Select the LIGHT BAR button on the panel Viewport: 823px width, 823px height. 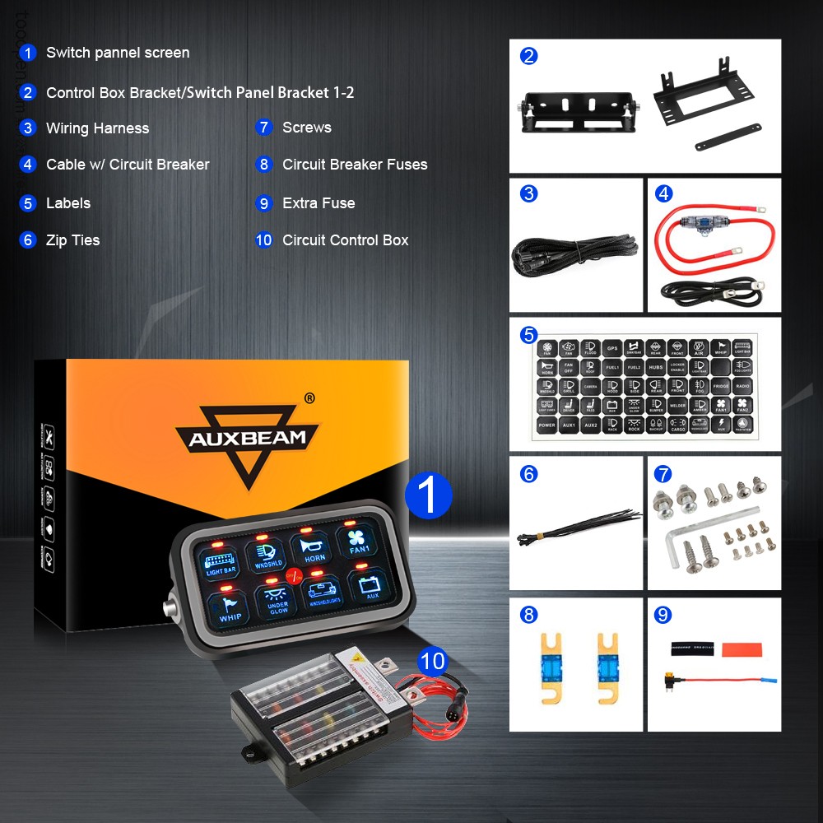221,563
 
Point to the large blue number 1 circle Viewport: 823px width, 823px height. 429,495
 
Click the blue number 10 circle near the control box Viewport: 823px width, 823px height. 432,660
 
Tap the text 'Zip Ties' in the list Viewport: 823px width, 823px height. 72,240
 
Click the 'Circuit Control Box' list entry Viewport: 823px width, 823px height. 345,240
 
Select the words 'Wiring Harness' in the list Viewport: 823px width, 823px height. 97,128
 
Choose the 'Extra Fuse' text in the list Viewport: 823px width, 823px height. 319,203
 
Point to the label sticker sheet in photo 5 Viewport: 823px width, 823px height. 644,385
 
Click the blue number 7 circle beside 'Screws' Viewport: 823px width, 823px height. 263,128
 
